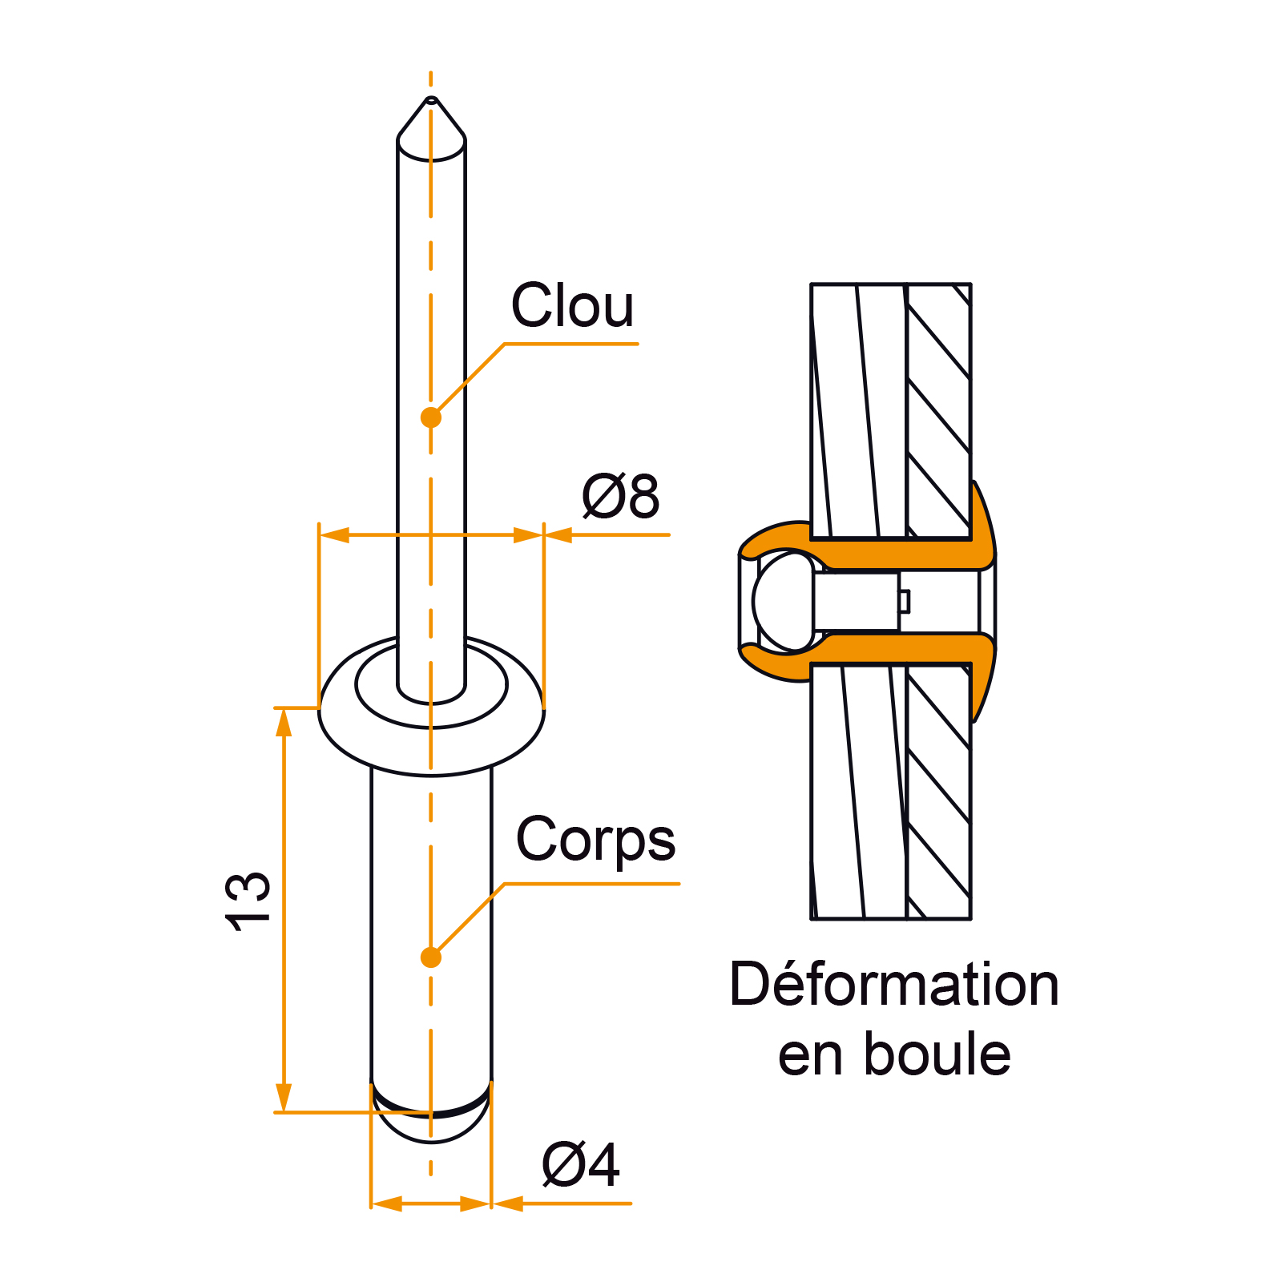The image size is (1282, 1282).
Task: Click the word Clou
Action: click(x=572, y=306)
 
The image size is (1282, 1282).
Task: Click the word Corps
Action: click(x=595, y=840)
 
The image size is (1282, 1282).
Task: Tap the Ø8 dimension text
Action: click(x=620, y=497)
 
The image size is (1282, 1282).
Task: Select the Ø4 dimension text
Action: click(x=581, y=1165)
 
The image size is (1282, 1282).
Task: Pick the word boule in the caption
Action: click(x=937, y=1054)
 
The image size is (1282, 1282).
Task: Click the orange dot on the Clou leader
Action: click(x=431, y=417)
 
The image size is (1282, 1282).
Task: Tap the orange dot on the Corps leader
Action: click(x=431, y=957)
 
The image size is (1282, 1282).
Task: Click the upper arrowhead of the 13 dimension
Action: click(x=284, y=722)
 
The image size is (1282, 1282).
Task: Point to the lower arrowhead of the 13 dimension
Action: click(x=284, y=1099)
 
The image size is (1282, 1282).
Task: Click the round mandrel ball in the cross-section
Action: click(x=783, y=601)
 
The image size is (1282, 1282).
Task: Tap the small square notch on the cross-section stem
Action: click(x=904, y=601)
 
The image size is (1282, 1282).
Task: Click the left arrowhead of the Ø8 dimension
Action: click(x=334, y=534)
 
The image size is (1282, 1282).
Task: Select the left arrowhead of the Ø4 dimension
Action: click(x=387, y=1203)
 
